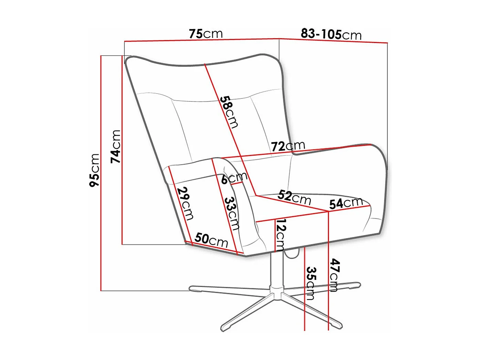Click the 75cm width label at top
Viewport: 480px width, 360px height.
[206, 34]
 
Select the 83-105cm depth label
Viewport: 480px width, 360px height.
[331, 34]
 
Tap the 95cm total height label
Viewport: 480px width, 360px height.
[94, 170]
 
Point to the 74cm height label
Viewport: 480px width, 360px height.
[116, 146]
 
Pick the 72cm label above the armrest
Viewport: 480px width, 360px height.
[288, 146]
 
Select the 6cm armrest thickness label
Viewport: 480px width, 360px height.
[234, 178]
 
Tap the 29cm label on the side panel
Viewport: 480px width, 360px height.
[185, 203]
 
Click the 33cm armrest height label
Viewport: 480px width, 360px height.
[232, 213]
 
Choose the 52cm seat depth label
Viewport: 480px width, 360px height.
[294, 197]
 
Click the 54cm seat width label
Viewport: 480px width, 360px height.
[346, 203]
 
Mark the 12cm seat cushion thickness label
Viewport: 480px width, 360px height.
[281, 235]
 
